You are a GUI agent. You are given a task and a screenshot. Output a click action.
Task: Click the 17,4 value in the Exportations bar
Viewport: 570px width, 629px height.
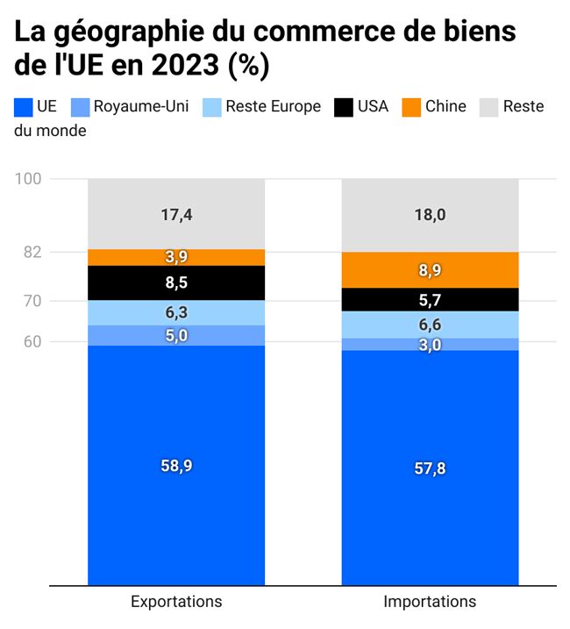(175, 214)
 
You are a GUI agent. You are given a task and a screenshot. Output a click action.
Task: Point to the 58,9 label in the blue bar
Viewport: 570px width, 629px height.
(175, 467)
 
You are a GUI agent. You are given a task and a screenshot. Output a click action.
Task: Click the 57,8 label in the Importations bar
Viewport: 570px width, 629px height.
(430, 468)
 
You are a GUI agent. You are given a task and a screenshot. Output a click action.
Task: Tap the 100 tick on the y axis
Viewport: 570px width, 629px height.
(29, 179)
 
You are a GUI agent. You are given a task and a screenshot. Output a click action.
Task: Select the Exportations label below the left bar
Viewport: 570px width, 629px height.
(176, 602)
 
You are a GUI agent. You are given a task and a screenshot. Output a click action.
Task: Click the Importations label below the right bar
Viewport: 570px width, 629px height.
(430, 602)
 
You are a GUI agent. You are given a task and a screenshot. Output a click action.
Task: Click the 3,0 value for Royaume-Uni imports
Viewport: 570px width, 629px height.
(430, 345)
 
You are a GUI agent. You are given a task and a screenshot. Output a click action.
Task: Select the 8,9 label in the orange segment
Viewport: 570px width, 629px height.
(430, 271)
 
